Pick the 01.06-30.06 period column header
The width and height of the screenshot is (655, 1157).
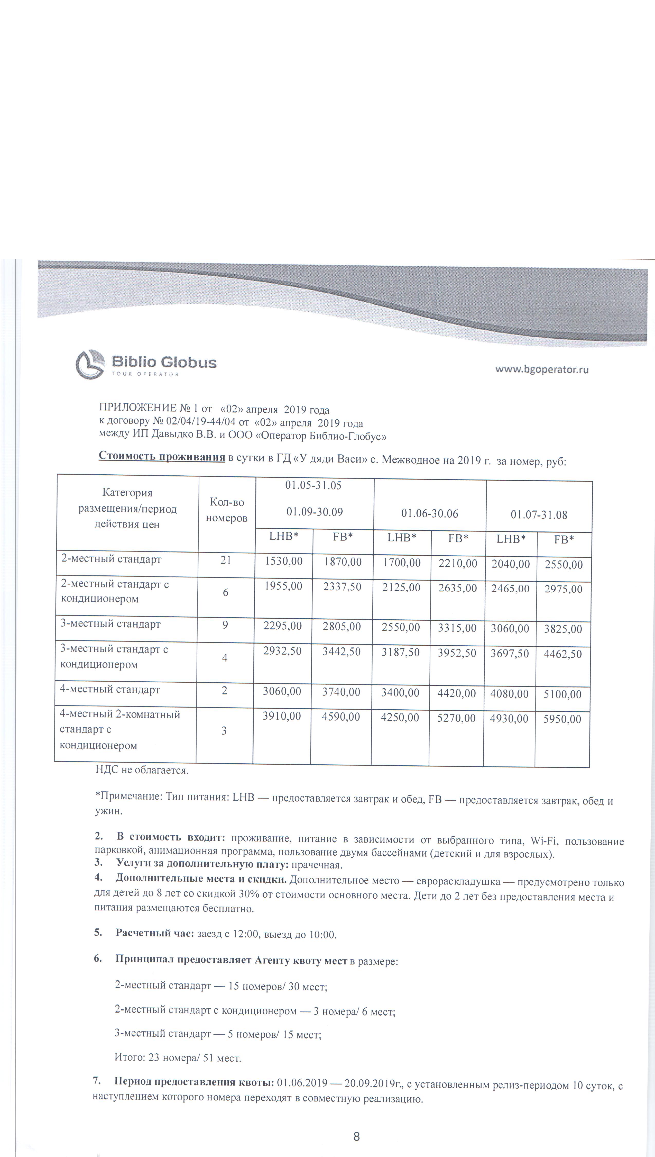[430, 513]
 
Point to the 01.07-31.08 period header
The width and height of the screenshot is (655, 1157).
[539, 515]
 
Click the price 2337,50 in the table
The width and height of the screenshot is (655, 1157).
[342, 587]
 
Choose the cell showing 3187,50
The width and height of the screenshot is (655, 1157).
[400, 652]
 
